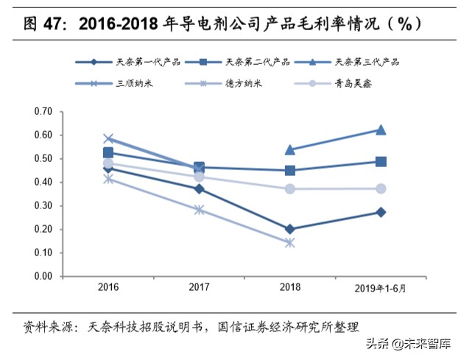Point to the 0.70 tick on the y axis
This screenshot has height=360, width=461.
(43, 112)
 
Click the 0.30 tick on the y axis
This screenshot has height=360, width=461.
(43, 206)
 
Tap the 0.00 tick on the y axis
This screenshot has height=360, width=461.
(43, 277)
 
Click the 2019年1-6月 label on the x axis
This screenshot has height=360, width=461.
(380, 286)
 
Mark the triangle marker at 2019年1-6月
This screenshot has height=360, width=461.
(381, 130)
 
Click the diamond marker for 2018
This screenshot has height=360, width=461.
(289, 229)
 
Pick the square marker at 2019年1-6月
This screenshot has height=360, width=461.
(381, 161)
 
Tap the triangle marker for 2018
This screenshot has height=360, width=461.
(289, 149)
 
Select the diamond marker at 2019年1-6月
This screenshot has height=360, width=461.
(381, 212)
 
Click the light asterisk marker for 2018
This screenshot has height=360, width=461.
(289, 242)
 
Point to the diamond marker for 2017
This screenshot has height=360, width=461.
(199, 189)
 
